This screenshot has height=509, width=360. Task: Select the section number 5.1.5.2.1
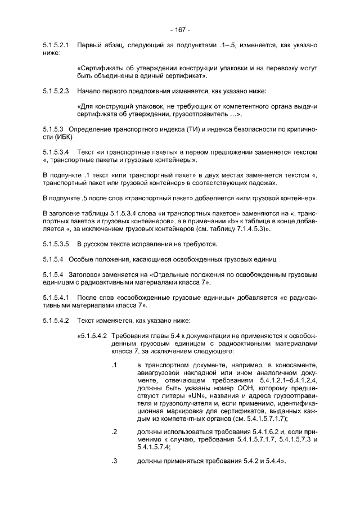point(56,44)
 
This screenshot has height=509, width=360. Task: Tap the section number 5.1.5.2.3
point(56,90)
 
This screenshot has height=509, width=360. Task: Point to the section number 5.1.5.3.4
point(56,152)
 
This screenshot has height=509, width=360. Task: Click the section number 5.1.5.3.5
point(56,244)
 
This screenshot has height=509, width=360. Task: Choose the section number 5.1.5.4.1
point(56,296)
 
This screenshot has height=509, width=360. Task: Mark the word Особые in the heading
point(81,259)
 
